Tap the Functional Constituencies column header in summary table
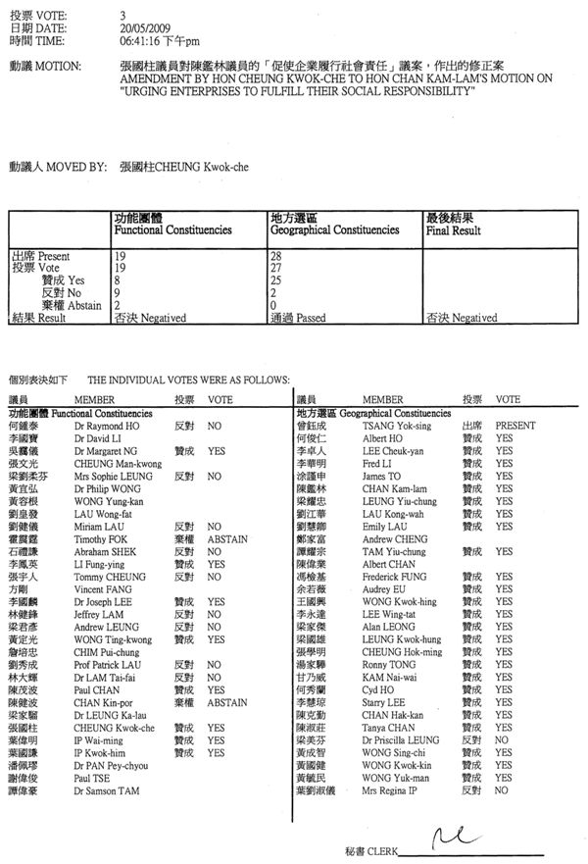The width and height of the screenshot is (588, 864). pos(173,230)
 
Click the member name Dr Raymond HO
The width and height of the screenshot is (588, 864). pos(102,427)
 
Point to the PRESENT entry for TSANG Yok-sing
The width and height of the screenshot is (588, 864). pos(514,427)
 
